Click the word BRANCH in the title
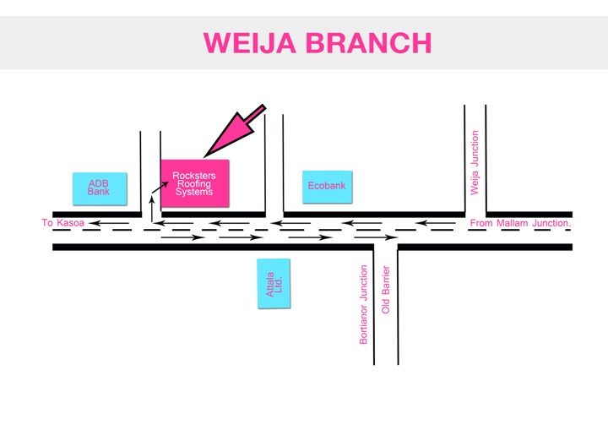(x=372, y=43)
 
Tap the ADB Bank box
(x=99, y=189)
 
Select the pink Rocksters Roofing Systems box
(x=194, y=182)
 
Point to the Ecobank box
(x=326, y=186)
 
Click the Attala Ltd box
(x=273, y=283)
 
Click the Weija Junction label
(x=475, y=162)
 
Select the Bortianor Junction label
(x=364, y=304)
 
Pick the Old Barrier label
(x=386, y=291)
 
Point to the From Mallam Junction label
(x=521, y=223)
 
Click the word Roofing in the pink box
(x=194, y=184)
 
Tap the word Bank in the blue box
(x=99, y=193)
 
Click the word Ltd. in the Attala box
(x=278, y=284)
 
